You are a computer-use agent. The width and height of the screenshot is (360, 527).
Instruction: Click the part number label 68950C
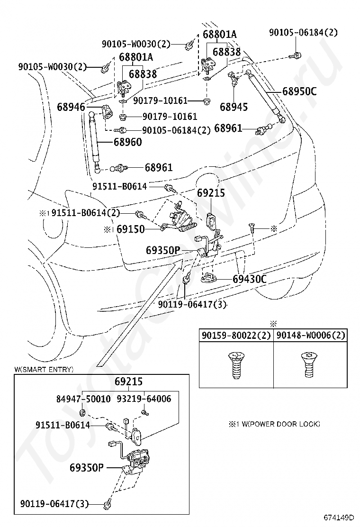click(299, 91)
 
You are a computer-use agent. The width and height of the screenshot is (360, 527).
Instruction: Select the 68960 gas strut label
click(127, 142)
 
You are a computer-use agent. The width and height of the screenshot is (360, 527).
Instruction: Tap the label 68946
click(71, 107)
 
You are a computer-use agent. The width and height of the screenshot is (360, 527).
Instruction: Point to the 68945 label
click(234, 107)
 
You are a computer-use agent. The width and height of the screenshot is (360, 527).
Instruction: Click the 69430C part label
click(250, 279)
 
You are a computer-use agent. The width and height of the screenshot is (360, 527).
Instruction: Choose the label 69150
click(131, 229)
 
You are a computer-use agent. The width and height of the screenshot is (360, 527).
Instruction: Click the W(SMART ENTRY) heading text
click(44, 369)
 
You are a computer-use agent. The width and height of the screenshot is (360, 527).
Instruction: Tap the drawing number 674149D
click(339, 517)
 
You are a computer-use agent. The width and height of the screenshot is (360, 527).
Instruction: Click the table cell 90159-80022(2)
click(236, 336)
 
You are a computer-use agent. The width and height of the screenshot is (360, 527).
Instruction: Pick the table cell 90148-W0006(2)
click(311, 336)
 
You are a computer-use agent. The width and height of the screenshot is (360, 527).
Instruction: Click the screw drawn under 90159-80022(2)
click(236, 365)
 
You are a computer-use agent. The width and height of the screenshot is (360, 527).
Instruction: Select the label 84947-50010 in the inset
click(83, 399)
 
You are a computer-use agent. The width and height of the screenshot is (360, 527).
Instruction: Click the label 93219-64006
click(144, 399)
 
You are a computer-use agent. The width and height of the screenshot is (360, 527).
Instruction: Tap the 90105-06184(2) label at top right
click(304, 33)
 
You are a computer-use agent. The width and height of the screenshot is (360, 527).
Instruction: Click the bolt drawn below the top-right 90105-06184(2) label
click(295, 56)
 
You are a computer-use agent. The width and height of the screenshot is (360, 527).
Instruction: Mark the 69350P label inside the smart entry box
click(87, 467)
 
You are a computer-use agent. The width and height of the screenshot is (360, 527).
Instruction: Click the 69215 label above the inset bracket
click(129, 382)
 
